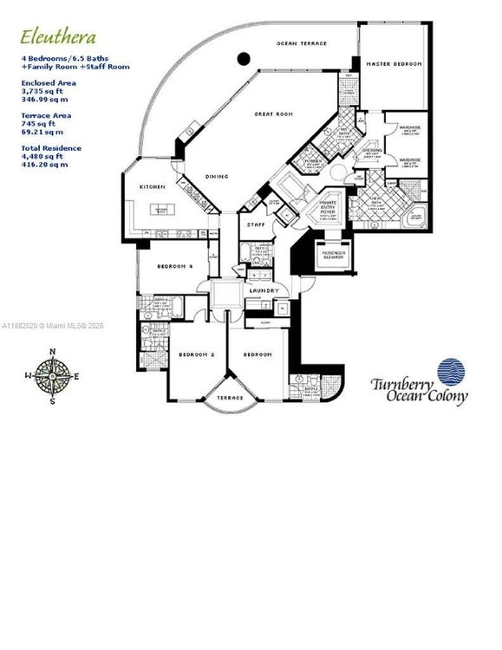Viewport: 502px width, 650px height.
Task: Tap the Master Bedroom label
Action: (394, 64)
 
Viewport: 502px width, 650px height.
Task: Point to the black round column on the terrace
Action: (244, 59)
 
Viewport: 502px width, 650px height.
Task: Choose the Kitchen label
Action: (152, 186)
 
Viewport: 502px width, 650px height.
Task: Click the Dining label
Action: (217, 177)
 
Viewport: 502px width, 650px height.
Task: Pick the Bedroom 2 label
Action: (197, 354)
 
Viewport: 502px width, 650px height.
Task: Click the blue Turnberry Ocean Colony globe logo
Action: (450, 371)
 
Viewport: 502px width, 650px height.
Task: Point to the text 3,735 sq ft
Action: (42, 91)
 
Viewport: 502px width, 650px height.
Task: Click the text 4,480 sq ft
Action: (42, 156)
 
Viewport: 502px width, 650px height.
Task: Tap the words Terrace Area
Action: (46, 114)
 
